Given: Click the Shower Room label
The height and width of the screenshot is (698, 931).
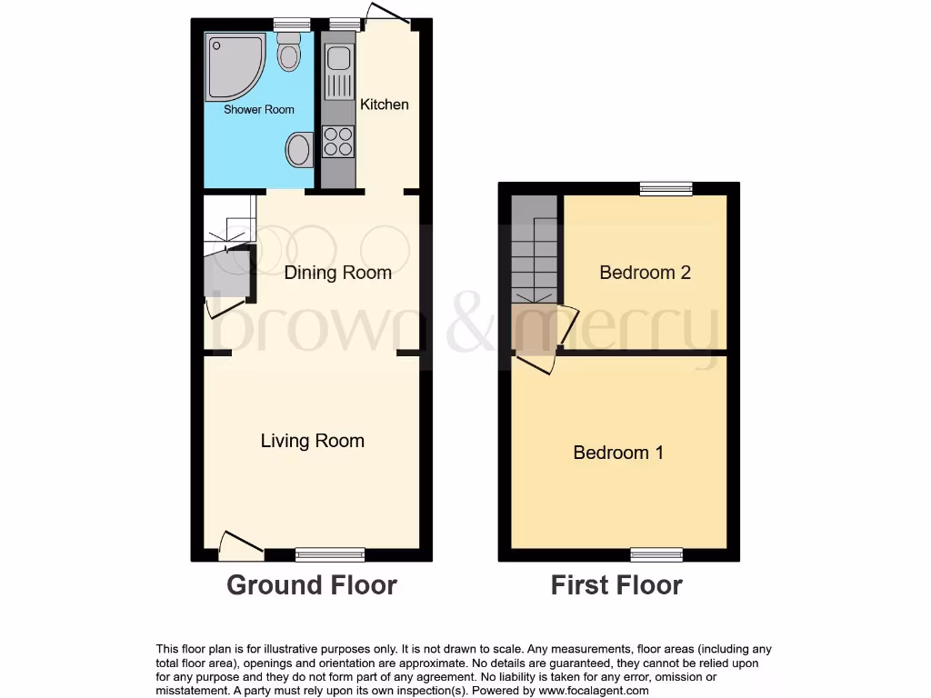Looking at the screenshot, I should tap(259, 109).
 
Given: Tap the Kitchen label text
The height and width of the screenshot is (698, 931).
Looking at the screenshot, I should tap(385, 105).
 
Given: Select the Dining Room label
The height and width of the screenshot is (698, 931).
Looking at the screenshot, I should tap(337, 273).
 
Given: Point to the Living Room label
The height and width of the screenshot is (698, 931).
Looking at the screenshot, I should tap(312, 441).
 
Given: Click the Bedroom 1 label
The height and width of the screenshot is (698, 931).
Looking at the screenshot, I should tap(617, 453).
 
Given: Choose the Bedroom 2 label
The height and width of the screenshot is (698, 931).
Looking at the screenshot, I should tap(644, 273).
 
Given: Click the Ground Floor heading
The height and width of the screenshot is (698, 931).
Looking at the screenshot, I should tap(311, 584).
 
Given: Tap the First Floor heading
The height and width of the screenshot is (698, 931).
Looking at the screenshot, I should tap(616, 584).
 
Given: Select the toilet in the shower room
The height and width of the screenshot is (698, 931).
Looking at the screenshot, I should tap(289, 52).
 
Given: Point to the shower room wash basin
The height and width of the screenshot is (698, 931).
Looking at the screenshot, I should tap(298, 149).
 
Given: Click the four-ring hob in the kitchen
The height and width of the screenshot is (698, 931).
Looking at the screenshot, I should tap(338, 141).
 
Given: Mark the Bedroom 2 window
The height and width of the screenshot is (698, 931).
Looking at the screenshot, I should tap(666, 188).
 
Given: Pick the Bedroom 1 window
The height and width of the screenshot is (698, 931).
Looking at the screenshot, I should tap(657, 553).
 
